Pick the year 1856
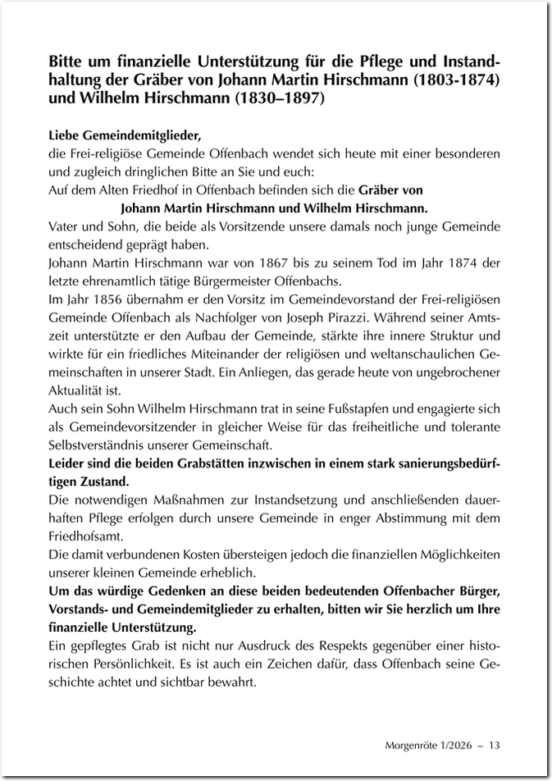point(101,298)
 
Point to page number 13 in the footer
point(495,745)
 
